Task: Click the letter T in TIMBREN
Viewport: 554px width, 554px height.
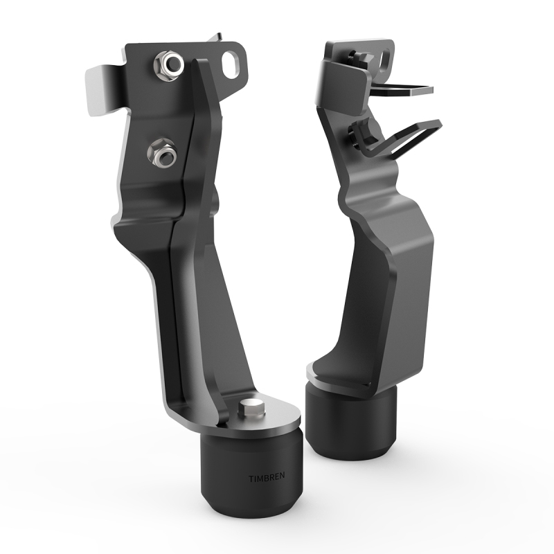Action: (x=251, y=478)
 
